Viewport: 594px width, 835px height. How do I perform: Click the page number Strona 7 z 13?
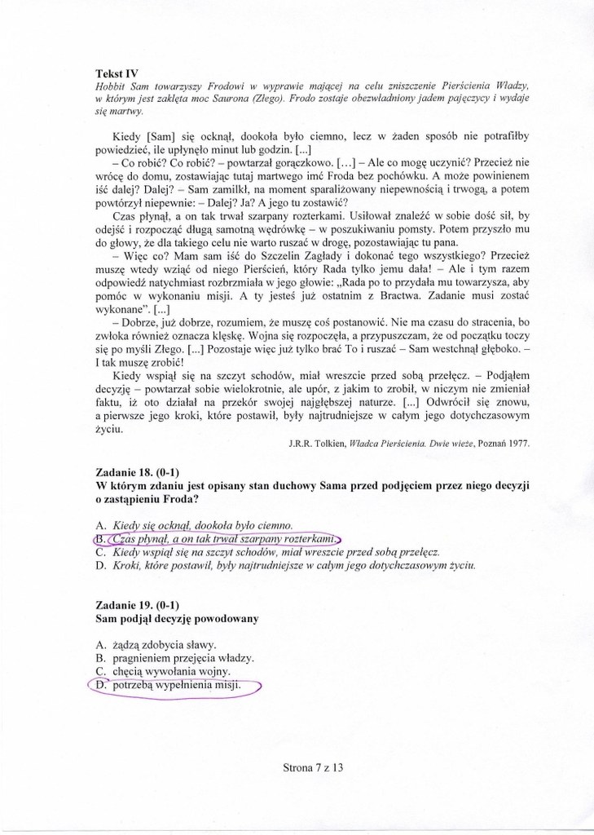[314, 767]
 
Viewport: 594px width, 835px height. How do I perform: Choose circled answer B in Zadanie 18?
[216, 539]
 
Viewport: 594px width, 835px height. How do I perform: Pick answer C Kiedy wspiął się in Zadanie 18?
[277, 552]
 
